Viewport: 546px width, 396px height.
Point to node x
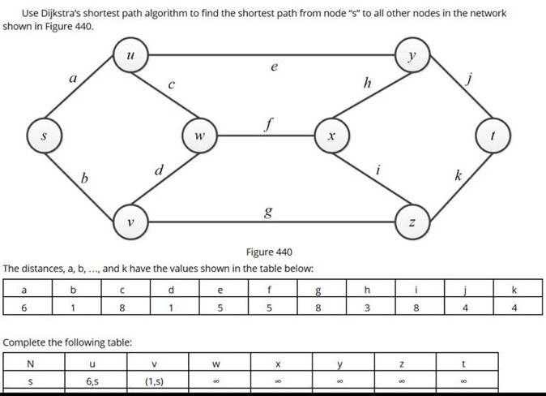[331, 137]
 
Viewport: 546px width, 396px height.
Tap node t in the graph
[493, 137]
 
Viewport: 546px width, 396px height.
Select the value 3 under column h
[367, 308]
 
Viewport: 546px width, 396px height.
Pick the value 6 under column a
[23, 308]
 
